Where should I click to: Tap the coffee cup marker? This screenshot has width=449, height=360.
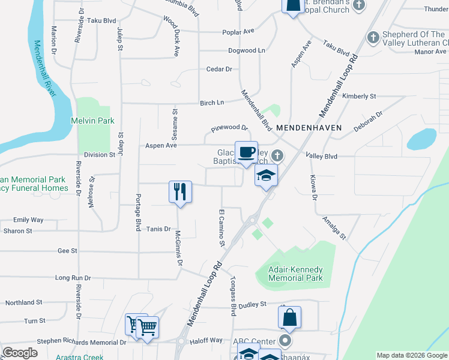[246, 152]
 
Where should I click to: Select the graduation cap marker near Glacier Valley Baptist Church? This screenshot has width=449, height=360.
[266, 176]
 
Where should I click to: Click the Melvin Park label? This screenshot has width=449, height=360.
[92, 121]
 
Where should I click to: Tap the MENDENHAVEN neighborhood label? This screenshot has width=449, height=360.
[309, 128]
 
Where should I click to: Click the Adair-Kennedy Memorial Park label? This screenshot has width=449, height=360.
[295, 274]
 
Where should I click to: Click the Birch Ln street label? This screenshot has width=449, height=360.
[212, 103]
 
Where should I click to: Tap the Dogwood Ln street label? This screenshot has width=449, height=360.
[246, 51]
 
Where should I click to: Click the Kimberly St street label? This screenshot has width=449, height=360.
[359, 96]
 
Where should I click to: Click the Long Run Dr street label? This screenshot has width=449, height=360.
[73, 278]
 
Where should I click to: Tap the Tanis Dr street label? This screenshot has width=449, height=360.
[159, 229]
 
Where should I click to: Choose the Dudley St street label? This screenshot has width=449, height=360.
[252, 305]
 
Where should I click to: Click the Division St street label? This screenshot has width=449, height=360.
[99, 154]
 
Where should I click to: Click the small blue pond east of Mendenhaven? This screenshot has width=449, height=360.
[421, 140]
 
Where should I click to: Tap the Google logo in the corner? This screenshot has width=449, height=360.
[20, 353]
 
